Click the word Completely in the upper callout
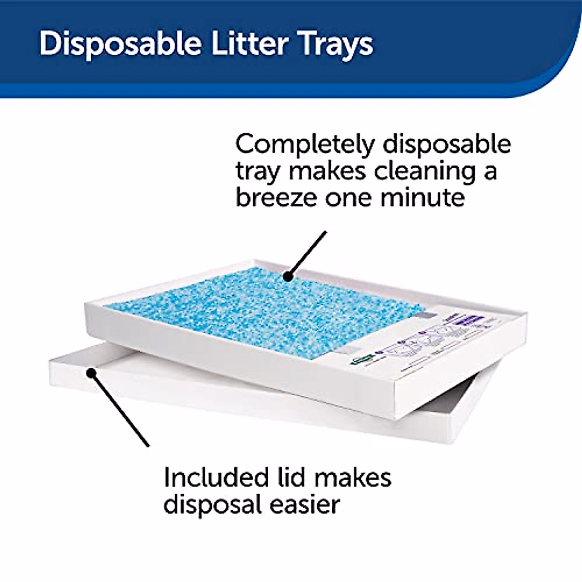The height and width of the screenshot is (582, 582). click(305, 145)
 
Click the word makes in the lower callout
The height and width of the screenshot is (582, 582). click(353, 477)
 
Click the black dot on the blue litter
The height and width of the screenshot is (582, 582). click(289, 276)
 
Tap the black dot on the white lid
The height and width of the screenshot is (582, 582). click(90, 372)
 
